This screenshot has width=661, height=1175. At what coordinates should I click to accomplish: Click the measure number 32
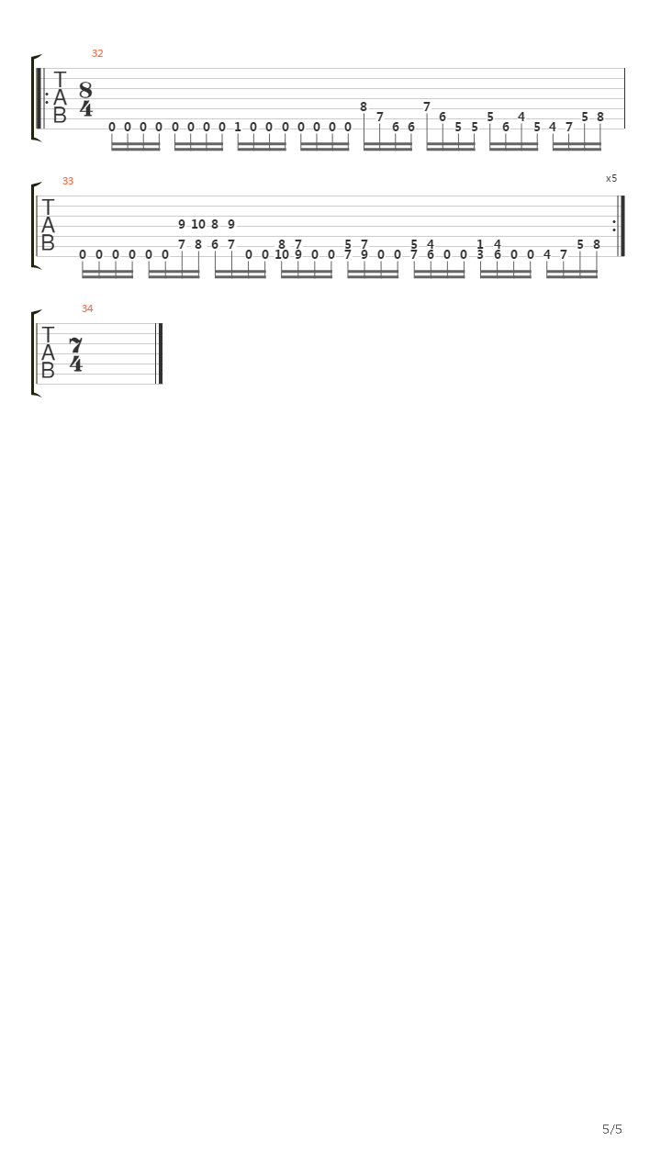point(97,53)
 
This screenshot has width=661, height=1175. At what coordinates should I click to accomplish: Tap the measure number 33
point(68,181)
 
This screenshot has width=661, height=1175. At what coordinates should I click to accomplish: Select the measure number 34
point(87,309)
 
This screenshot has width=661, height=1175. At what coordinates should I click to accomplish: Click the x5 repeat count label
point(611,178)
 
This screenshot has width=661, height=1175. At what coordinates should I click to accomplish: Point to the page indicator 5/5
point(612,1129)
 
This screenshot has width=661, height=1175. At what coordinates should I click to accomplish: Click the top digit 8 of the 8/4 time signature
point(85,90)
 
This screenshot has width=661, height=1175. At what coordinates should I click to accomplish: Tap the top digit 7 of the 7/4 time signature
point(76,346)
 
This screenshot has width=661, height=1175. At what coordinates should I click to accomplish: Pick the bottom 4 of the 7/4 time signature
point(76,364)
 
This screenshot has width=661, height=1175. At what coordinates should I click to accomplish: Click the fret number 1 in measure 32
point(238,127)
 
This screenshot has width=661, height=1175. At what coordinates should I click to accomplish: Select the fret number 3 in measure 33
point(480,255)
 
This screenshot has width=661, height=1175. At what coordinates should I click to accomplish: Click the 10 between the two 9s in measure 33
point(197,225)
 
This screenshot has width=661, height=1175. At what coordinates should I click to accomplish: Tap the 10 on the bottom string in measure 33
point(282,255)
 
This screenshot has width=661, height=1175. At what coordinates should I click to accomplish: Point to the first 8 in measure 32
point(363,107)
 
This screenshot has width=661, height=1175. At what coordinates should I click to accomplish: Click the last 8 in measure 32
point(600,117)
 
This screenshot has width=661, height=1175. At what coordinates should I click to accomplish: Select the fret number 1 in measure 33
point(480,244)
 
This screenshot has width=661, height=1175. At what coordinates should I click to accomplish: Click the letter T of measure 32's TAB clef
point(60,80)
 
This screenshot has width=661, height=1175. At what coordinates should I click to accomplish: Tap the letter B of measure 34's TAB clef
point(48,370)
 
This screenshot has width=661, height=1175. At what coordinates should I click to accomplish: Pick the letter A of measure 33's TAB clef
point(48,225)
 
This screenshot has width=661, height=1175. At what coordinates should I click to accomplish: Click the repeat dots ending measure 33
point(614,226)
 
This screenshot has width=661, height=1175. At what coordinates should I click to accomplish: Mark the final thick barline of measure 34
point(160,353)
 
